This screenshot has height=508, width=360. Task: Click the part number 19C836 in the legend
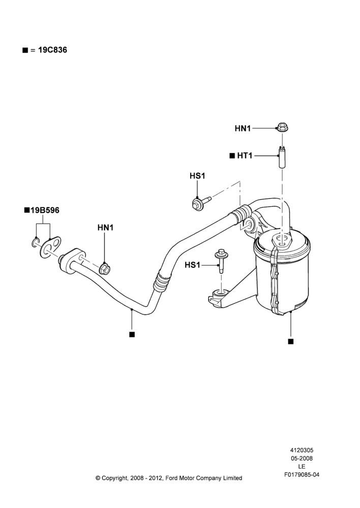pyautogui.click(x=52, y=50)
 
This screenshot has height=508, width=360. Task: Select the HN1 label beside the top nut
pyautogui.click(x=243, y=129)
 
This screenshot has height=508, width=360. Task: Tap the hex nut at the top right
pyautogui.click(x=283, y=127)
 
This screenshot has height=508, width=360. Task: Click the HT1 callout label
pyautogui.click(x=245, y=156)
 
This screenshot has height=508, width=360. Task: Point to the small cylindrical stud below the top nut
pyautogui.click(x=282, y=157)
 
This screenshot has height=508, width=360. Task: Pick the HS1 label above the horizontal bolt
pyautogui.click(x=197, y=176)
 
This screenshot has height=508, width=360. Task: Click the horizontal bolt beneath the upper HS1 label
pyautogui.click(x=201, y=202)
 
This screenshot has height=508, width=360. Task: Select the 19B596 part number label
pyautogui.click(x=45, y=210)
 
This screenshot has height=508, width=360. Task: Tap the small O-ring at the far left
pyautogui.click(x=36, y=242)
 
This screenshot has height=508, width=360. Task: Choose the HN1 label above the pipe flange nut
pyautogui.click(x=105, y=228)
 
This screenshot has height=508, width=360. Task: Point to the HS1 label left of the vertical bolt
pyautogui.click(x=192, y=265)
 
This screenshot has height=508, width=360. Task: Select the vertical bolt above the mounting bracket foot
pyautogui.click(x=222, y=261)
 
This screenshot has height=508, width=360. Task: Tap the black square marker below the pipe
pyautogui.click(x=132, y=335)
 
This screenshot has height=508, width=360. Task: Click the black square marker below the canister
pyautogui.click(x=291, y=341)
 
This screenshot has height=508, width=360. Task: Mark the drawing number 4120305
pyautogui.click(x=302, y=450)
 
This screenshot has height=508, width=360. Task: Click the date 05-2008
pyautogui.click(x=302, y=458)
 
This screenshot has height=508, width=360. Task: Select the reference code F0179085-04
pyautogui.click(x=302, y=474)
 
